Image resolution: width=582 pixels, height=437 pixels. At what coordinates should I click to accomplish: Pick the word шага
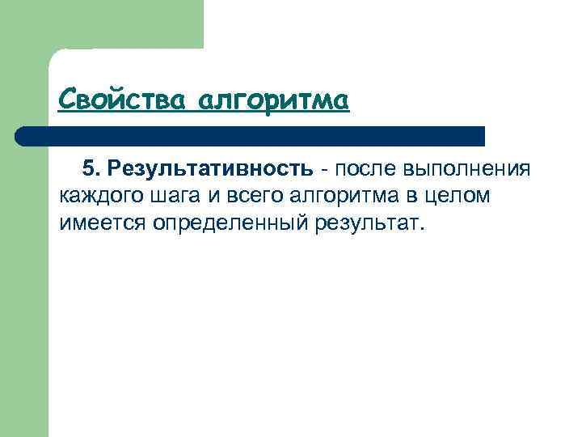pyautogui.click(x=169, y=196)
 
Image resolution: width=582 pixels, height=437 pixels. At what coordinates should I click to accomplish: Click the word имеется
pyautogui.click(x=99, y=223)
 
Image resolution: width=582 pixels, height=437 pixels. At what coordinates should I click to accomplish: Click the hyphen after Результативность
pyautogui.click(x=323, y=169)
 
